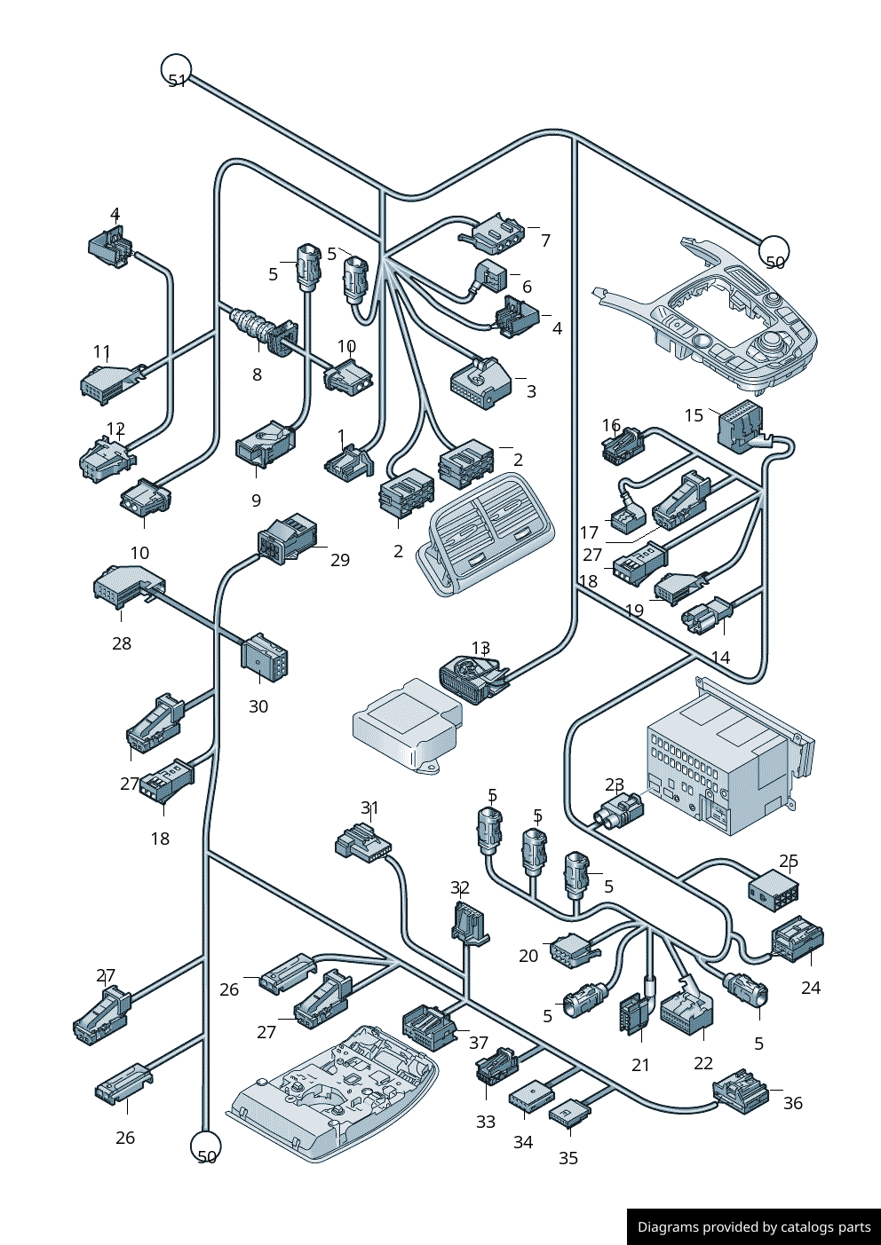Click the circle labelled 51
[x=176, y=69]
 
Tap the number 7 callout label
[x=545, y=240]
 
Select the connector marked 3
[x=480, y=382]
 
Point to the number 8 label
[x=257, y=374]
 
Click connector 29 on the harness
[x=286, y=539]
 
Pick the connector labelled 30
[x=264, y=658]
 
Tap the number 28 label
[x=122, y=643]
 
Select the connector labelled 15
[x=740, y=425]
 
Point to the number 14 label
[x=720, y=658]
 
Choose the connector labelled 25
[x=774, y=888]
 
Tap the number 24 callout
[x=811, y=988]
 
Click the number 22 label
[x=703, y=1063]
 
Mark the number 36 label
[x=792, y=1103]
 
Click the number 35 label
[x=568, y=1158]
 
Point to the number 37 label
[x=479, y=1043]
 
